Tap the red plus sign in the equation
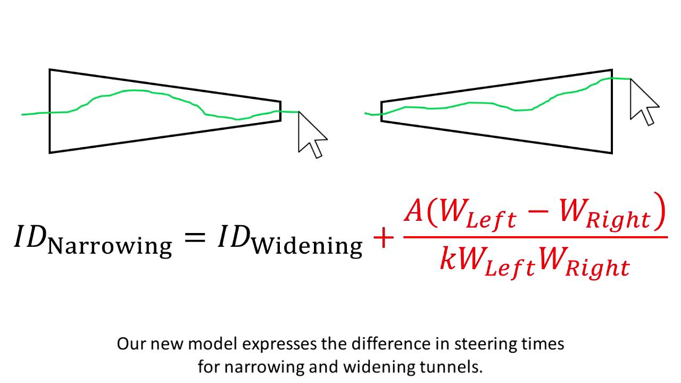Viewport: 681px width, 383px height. [383, 238]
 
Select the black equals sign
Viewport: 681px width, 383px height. [195, 237]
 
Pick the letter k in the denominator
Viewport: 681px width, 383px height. [449, 259]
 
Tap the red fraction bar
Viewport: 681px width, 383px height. [535, 237]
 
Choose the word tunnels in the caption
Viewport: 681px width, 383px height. [455, 367]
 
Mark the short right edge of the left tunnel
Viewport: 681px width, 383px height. [280, 111]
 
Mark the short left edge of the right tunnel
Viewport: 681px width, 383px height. [381, 111]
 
